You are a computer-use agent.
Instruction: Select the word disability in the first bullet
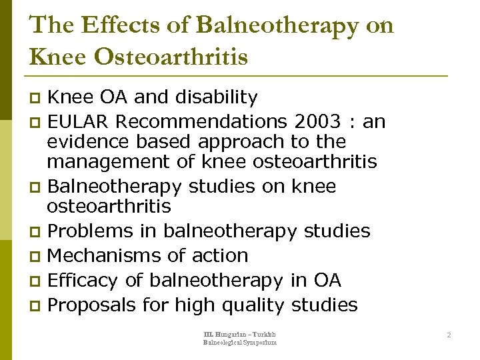pos(216,97)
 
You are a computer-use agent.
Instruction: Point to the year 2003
pos(314,122)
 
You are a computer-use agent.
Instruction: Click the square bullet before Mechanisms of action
pos(36,256)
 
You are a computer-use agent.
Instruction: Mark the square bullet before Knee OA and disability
pos(36,99)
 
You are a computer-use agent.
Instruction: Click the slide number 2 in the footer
pos(449,335)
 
